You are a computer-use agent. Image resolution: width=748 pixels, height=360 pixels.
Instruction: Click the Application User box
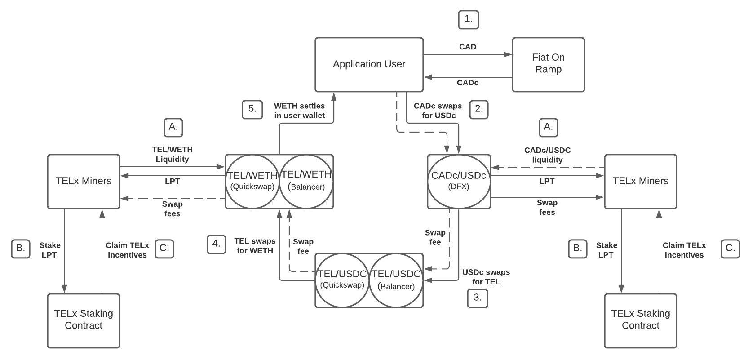(369, 64)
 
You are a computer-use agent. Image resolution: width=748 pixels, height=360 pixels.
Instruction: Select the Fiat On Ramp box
(548, 64)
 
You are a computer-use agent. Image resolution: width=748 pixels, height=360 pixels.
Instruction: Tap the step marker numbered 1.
(469, 19)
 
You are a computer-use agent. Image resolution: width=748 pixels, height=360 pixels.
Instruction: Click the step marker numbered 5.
(252, 109)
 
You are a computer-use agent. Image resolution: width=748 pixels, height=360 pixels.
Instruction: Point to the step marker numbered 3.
(477, 298)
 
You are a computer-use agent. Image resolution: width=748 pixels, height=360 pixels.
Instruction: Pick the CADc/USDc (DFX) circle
(458, 181)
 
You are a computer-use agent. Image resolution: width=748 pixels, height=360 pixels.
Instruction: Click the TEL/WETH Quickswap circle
(252, 181)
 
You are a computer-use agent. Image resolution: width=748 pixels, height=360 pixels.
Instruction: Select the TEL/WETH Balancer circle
(306, 181)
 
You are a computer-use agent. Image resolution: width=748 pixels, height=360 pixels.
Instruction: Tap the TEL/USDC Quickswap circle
(342, 280)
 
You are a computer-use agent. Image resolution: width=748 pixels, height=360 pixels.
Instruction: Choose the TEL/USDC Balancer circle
(396, 280)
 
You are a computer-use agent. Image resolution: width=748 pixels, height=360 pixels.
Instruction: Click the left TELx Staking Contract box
(84, 320)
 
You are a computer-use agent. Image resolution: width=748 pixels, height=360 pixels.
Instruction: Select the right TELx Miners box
(640, 181)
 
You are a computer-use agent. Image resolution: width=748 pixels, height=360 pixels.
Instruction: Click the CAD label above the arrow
(468, 47)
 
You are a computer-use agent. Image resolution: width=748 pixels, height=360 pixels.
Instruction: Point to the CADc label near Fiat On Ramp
(467, 83)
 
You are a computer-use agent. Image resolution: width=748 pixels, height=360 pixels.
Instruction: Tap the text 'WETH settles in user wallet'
(299, 111)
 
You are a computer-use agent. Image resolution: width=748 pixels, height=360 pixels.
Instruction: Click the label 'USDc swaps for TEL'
(486, 277)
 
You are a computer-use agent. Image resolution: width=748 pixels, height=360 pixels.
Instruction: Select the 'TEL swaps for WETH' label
(255, 246)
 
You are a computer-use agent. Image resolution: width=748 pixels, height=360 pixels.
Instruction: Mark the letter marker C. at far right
(730, 249)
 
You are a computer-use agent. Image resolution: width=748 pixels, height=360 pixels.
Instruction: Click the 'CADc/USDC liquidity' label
(547, 155)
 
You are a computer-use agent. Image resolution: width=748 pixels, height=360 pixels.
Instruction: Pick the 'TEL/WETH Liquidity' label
(172, 154)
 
